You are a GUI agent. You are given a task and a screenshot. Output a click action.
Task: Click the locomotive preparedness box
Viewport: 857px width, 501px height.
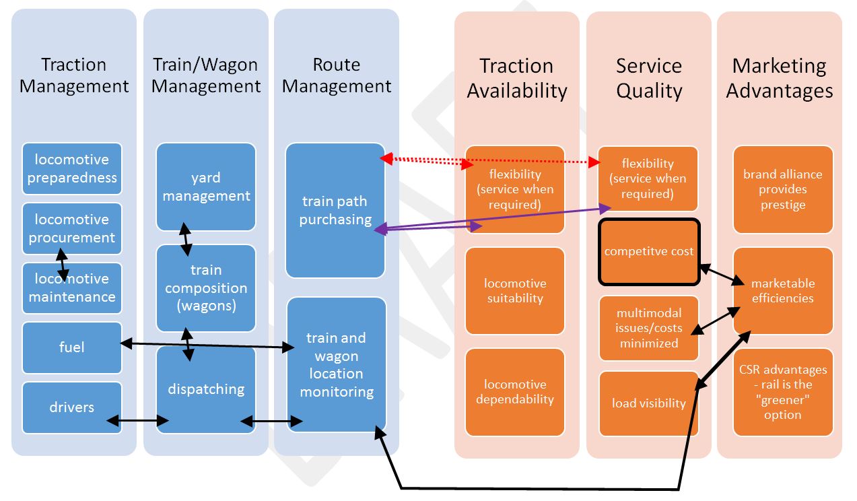coord(72,169)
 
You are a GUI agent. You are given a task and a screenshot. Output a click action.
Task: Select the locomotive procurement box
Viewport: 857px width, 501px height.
coord(72,228)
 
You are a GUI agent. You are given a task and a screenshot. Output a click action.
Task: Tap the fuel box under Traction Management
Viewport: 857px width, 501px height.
coord(72,347)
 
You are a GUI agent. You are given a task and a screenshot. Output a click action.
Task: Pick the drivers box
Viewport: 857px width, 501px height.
coord(72,407)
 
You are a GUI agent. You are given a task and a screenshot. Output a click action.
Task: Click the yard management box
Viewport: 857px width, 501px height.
coord(206,187)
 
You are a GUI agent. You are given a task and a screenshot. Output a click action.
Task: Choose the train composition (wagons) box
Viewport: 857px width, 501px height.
coord(206,288)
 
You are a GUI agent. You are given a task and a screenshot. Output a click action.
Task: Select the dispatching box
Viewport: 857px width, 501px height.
coord(206,389)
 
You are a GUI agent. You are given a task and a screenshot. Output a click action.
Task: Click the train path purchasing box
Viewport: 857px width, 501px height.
coord(335,209)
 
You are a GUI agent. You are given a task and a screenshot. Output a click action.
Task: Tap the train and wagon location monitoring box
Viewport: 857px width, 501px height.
coord(337,364)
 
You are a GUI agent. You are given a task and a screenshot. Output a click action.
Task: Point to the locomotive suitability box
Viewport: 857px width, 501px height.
coord(515,291)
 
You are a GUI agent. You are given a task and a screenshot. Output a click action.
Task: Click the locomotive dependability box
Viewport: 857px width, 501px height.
coord(515,392)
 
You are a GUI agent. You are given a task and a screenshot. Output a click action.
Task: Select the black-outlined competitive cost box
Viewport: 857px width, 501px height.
coord(649,251)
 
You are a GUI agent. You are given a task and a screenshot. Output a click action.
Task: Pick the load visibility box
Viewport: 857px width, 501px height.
coord(649,403)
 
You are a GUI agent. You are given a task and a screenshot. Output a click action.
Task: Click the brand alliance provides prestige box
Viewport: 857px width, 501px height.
coord(783,189)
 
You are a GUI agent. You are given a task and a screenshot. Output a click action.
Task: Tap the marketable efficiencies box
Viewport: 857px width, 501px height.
coord(783,291)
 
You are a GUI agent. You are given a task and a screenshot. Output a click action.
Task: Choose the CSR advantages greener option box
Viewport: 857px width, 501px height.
coord(783,392)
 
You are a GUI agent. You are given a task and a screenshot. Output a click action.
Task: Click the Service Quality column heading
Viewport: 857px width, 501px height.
coord(649,78)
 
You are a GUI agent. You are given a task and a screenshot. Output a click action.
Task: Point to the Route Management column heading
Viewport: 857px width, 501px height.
coord(337,75)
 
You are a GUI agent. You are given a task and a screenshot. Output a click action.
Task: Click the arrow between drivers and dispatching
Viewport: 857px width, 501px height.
coord(137,421)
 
